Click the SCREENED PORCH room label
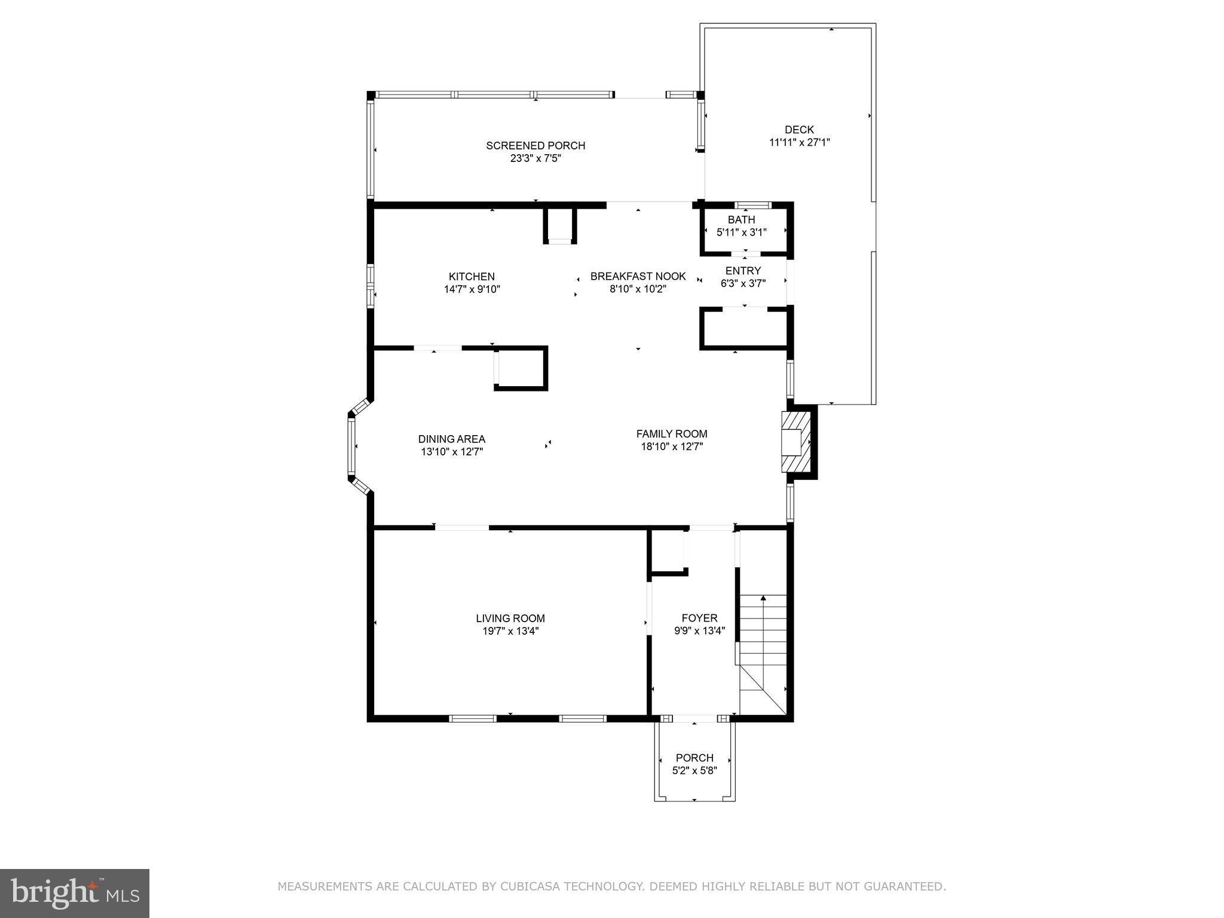(x=535, y=145)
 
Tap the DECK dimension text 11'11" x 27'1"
(x=799, y=142)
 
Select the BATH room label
(x=741, y=219)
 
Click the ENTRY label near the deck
(x=743, y=271)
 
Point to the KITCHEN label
(x=472, y=277)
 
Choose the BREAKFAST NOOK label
(x=638, y=277)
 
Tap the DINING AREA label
(x=451, y=439)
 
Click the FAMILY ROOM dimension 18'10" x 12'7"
(x=671, y=446)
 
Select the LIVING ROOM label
(x=510, y=619)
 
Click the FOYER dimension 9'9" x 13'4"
(x=699, y=631)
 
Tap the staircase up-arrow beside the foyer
(x=763, y=598)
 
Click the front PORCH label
(x=694, y=758)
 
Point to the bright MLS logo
(x=75, y=893)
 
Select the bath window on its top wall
(x=753, y=206)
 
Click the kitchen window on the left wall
(x=370, y=286)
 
